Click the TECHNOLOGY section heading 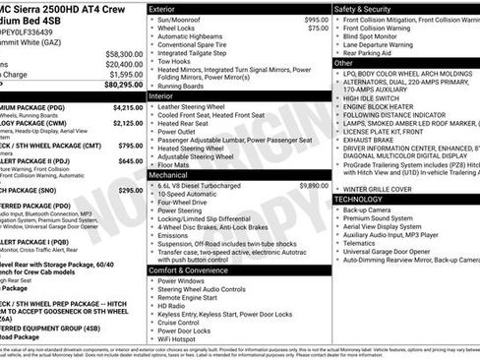click(x=366, y=199)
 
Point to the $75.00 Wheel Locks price click(x=317, y=29)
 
